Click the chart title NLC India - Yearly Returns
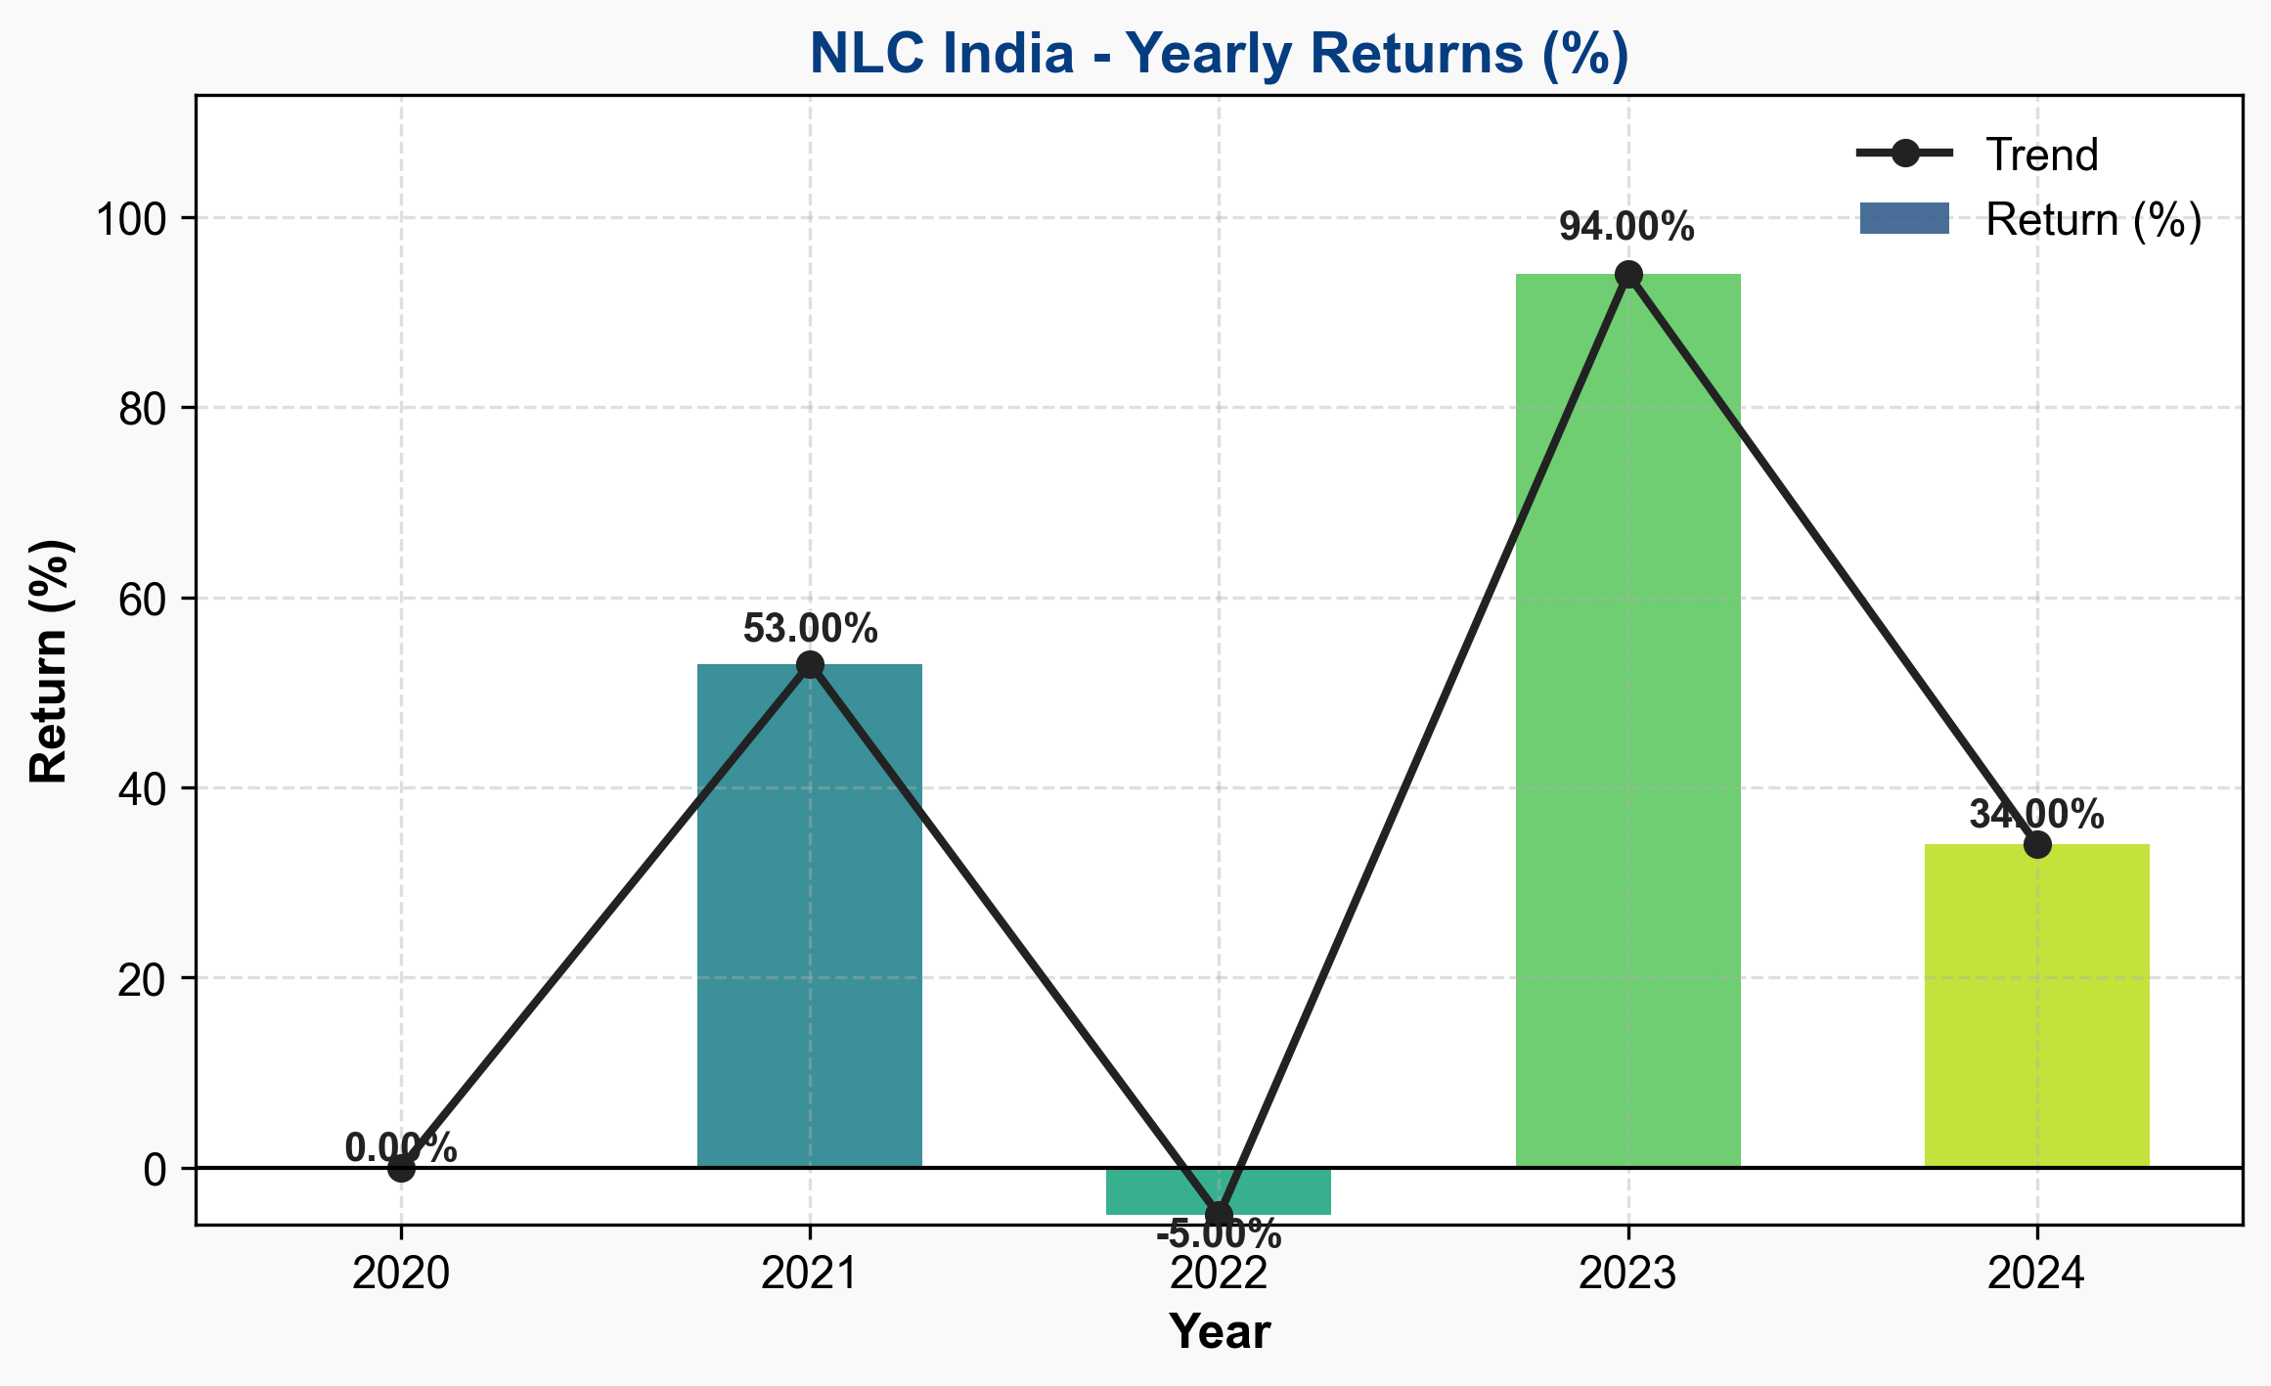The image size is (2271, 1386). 1219,54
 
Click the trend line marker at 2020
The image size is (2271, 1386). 401,1167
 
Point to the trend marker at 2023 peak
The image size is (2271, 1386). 1628,275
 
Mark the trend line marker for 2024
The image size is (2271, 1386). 2037,844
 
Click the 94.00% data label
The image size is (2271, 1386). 1626,228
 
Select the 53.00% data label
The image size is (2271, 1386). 810,629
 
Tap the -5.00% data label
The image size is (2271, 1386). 1219,1235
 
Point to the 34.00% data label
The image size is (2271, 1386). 2036,815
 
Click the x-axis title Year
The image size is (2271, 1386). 1220,1332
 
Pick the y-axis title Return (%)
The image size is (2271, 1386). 49,661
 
